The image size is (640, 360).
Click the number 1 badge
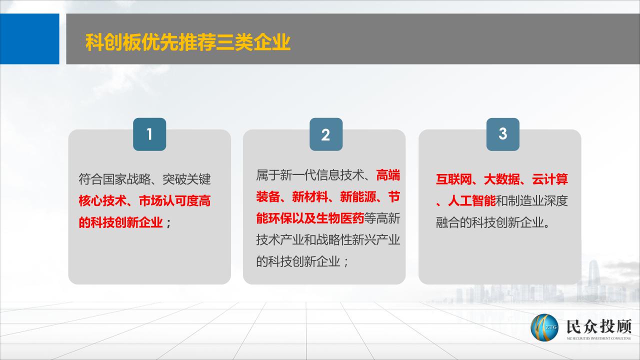click(149, 134)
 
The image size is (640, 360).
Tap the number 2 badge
click(326, 134)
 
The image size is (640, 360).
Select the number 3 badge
click(503, 134)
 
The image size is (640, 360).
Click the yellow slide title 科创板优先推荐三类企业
click(188, 42)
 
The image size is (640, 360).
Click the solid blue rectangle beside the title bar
click(29, 39)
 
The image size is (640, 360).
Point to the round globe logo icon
click(544, 327)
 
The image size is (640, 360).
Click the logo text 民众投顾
click(599, 326)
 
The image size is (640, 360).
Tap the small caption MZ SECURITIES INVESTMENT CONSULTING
click(599, 338)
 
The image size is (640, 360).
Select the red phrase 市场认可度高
click(174, 201)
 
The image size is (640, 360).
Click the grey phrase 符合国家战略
click(114, 179)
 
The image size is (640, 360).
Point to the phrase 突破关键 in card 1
click(186, 179)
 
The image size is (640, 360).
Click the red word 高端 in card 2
click(388, 175)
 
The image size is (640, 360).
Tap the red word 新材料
click(310, 197)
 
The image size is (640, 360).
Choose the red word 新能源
click(358, 197)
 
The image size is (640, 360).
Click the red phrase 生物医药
click(340, 218)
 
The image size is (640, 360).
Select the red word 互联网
click(453, 179)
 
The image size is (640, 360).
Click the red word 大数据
click(501, 179)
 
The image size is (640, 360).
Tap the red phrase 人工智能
click(471, 201)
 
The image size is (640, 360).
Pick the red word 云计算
click(549, 179)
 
